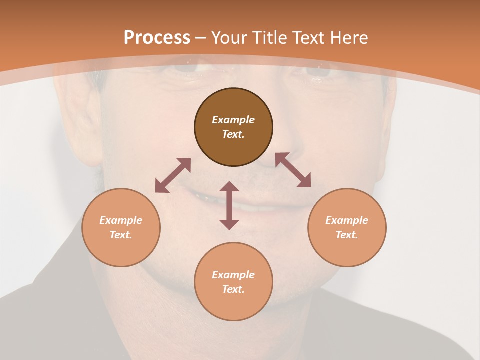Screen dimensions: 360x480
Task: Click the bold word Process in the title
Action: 157,38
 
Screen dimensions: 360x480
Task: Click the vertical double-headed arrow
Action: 229,205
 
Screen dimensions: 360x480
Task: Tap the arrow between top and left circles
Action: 173,175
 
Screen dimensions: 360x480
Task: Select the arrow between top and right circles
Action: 293,170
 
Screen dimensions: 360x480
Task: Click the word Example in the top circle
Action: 233,120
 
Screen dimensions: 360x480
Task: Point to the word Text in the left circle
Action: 121,235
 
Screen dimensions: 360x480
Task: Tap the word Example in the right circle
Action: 347,220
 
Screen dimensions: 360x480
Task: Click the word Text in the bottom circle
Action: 233,289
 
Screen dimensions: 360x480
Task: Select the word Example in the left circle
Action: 121,220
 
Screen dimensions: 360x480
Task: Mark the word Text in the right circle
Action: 347,235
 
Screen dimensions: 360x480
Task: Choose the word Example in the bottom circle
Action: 233,275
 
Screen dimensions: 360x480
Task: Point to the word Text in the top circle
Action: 233,134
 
